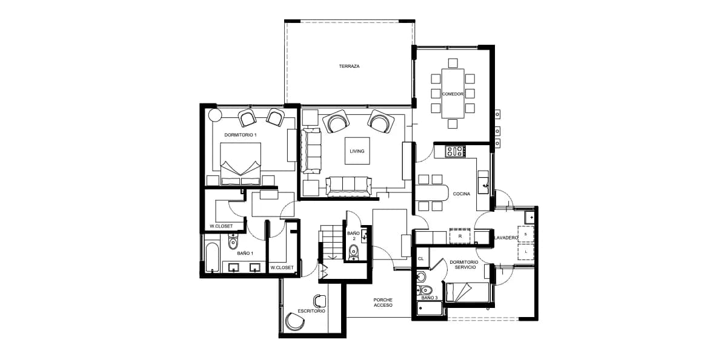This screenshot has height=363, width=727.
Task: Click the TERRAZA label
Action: [x=349, y=66]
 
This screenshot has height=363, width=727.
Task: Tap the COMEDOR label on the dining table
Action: [x=453, y=94]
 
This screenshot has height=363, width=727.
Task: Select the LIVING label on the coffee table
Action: [x=357, y=151]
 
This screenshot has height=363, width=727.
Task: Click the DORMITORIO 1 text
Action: [x=241, y=135]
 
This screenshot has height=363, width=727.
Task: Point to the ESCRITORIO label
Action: [x=311, y=311]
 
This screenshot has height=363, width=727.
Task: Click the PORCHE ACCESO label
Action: [x=383, y=302]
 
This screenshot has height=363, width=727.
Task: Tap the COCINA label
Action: [x=462, y=194]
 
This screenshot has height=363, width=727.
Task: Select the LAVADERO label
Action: [x=506, y=238]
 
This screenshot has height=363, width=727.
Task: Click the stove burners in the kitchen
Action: [x=455, y=151]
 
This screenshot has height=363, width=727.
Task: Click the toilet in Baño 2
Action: [x=354, y=252]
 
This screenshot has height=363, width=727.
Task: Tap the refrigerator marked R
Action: [x=460, y=236]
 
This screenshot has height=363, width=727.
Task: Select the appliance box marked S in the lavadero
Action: [x=525, y=234]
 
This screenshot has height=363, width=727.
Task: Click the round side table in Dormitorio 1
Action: [x=215, y=115]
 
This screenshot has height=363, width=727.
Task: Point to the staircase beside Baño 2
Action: [x=331, y=242]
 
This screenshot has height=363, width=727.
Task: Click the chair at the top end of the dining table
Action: [x=453, y=63]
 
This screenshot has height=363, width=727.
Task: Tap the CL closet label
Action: [x=421, y=259]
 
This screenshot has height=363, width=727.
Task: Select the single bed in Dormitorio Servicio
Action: [x=467, y=292]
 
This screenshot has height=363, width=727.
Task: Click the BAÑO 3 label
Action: [x=430, y=298]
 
